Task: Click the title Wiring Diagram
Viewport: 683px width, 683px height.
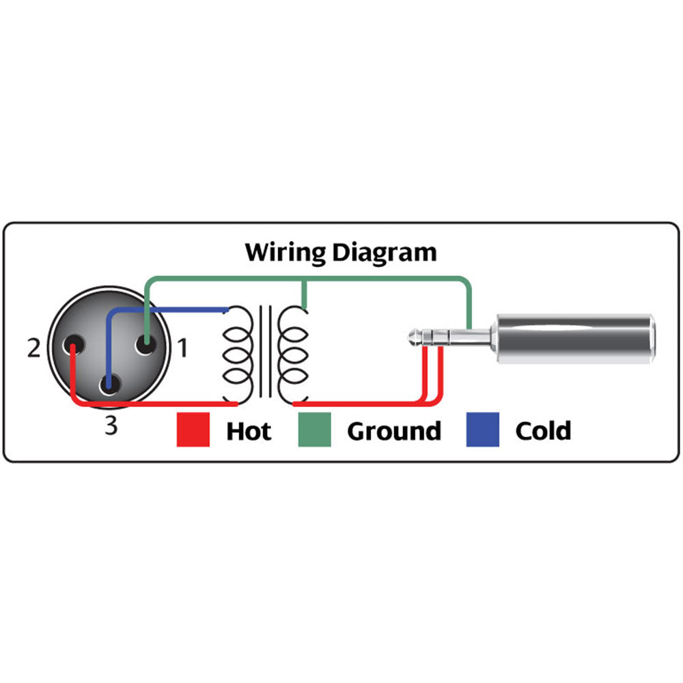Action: [341, 253]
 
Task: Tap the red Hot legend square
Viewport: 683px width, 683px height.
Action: [193, 430]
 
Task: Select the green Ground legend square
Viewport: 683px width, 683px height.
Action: [314, 430]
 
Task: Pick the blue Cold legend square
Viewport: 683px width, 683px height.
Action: [482, 430]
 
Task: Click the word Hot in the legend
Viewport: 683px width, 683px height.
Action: [249, 431]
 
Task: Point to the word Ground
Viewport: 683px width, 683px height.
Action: [394, 431]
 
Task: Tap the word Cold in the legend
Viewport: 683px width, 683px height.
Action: [543, 431]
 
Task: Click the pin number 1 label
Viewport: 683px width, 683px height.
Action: [182, 349]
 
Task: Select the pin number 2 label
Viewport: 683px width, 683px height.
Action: [33, 349]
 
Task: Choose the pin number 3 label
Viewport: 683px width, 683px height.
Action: [111, 426]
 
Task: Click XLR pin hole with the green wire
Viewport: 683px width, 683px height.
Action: [145, 344]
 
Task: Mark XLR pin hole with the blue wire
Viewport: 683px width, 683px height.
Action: [109, 385]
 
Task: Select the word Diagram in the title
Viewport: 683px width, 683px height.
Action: [385, 253]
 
